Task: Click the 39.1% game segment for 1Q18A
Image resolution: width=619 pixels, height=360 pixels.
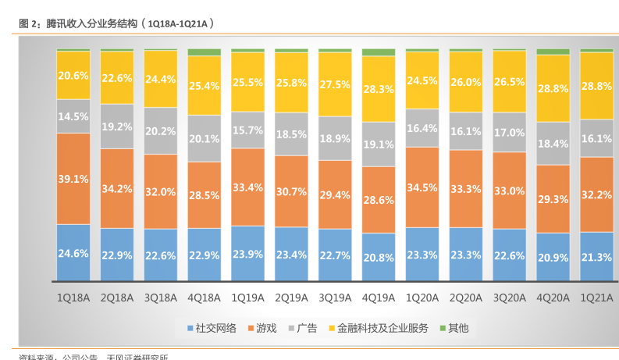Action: pos(73,179)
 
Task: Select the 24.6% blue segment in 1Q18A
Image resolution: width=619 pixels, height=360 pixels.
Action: pos(73,252)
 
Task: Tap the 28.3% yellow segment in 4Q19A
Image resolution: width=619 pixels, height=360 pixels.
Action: pos(379,89)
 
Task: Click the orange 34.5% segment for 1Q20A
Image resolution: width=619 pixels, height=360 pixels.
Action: pos(422,187)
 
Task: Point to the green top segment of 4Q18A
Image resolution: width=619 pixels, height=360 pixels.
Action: pos(204,52)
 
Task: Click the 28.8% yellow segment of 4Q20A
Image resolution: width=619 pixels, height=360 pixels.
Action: pos(553,88)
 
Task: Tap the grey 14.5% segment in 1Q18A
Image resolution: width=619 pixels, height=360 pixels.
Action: pos(73,116)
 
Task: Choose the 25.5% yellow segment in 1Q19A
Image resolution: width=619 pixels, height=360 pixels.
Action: pos(247,82)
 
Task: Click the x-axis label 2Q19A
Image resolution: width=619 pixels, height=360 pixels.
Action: pos(291,298)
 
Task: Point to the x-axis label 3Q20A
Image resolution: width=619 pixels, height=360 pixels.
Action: pos(510,298)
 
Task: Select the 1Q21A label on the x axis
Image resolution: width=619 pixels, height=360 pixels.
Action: pos(597,298)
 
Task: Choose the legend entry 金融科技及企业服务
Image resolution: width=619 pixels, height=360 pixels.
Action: pos(378,329)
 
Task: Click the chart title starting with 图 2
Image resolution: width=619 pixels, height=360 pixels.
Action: pos(117,23)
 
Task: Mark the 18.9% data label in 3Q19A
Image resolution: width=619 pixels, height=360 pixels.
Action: pos(335,138)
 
